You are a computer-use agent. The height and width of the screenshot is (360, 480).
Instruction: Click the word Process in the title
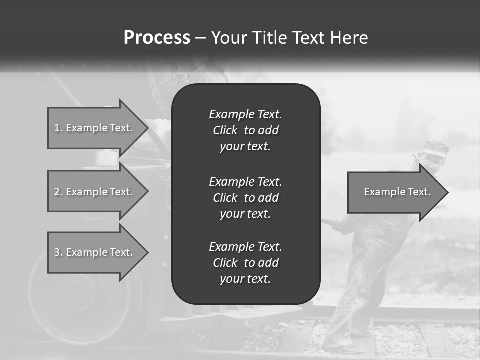tap(157, 38)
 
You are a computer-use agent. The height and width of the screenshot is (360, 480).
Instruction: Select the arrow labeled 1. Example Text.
tap(95, 128)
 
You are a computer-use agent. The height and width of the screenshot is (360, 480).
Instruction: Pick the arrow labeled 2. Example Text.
tap(95, 192)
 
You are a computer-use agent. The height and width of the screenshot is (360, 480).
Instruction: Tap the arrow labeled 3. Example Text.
tap(95, 252)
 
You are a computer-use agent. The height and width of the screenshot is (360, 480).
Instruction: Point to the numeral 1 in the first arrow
tap(57, 128)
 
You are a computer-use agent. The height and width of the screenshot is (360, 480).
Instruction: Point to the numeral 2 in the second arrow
tap(57, 192)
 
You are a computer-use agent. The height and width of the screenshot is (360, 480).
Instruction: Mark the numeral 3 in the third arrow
tap(57, 252)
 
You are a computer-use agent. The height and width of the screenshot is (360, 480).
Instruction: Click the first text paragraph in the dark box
tap(245, 130)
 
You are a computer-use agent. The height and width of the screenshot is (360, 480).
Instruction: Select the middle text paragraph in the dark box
tap(245, 198)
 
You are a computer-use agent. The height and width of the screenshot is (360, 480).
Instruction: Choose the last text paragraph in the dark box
tap(245, 263)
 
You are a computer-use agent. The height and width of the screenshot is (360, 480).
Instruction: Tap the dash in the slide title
tap(200, 38)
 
